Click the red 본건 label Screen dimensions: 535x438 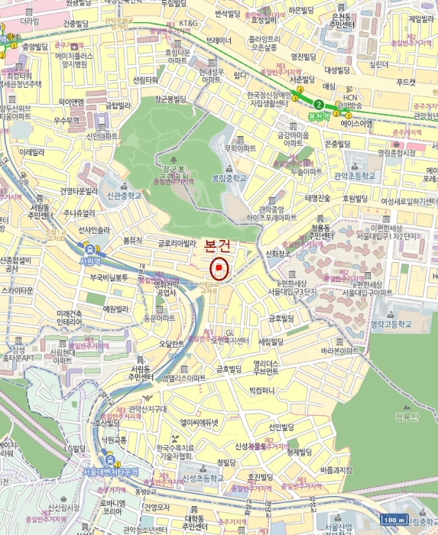coord(220,248)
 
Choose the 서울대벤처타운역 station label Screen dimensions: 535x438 coord(110,472)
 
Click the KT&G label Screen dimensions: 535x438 coord(189,24)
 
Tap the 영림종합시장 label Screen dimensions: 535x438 coord(397,151)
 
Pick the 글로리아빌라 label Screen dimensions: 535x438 coord(177,243)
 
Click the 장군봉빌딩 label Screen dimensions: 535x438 coord(170,99)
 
